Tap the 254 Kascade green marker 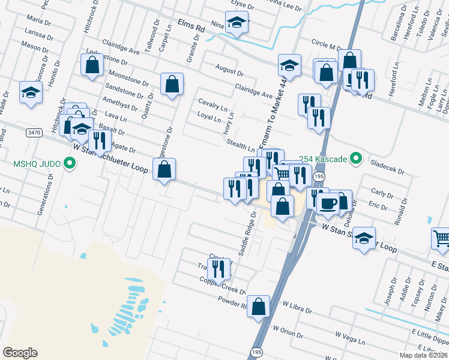pos(356,159)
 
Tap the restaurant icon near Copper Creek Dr pos(219,271)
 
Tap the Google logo pos(20,353)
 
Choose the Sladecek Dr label pos(388,167)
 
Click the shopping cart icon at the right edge pos(441,239)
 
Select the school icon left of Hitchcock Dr pos(30,92)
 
